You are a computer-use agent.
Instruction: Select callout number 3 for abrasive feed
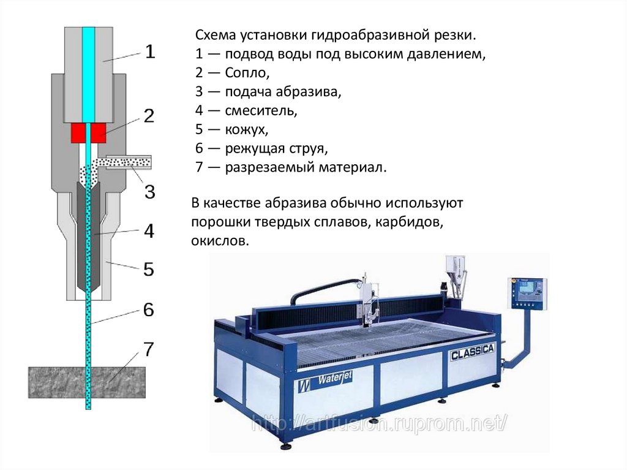(x=149, y=191)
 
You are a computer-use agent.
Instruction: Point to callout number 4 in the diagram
(x=149, y=232)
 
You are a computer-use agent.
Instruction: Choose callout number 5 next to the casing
(x=149, y=269)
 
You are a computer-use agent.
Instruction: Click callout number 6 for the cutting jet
(x=149, y=310)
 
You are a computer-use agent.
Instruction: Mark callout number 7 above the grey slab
(x=149, y=349)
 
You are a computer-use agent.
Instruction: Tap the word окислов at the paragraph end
(x=220, y=241)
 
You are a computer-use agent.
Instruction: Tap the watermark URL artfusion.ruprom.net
(x=380, y=423)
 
